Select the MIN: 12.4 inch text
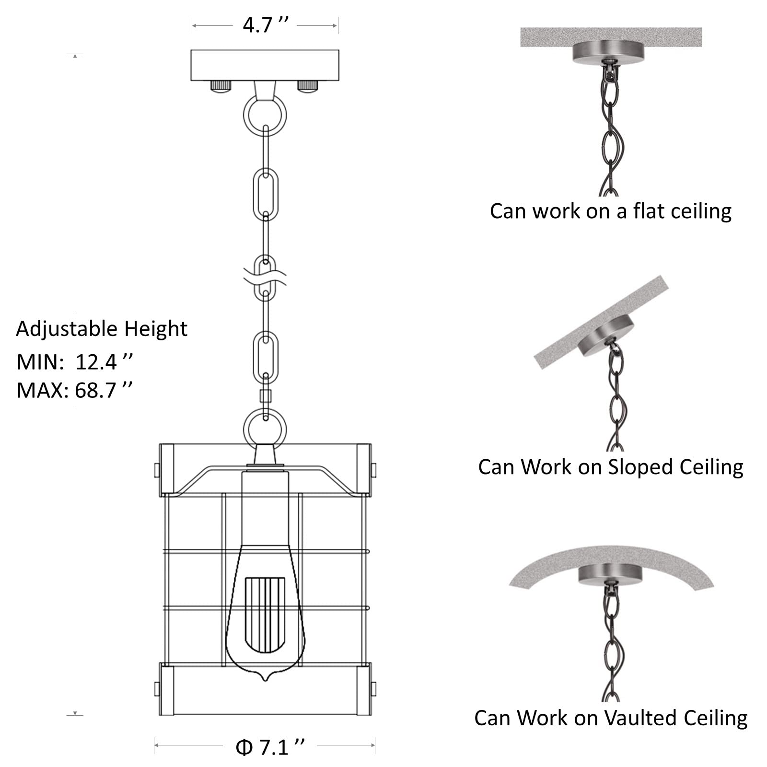pyautogui.click(x=75, y=362)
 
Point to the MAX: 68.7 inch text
pyautogui.click(x=75, y=391)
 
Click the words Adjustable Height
pyautogui.click(x=102, y=329)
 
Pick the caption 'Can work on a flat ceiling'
pyautogui.click(x=611, y=211)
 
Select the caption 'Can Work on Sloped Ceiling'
pyautogui.click(x=611, y=467)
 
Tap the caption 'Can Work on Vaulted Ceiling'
pyautogui.click(x=611, y=718)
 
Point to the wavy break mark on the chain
pyautogui.click(x=265, y=278)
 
